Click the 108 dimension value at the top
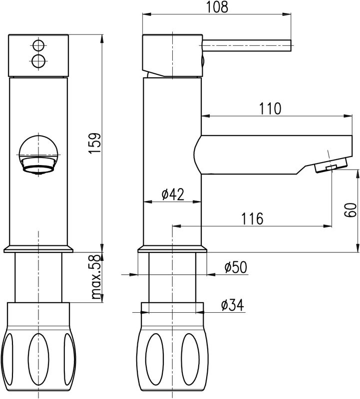[217, 7]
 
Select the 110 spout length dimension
[270, 109]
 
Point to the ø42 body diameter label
[173, 195]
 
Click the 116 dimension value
[252, 218]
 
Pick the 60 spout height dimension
[351, 209]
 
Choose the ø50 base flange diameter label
[236, 267]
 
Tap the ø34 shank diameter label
[232, 305]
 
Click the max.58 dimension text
[95, 277]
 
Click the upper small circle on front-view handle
[38, 46]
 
